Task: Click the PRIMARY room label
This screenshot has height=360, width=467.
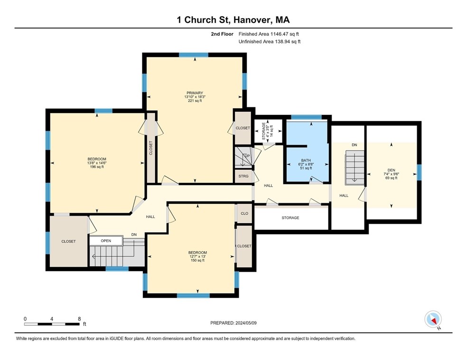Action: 195,93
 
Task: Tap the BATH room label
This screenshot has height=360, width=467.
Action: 306,161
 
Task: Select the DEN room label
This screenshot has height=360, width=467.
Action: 391,170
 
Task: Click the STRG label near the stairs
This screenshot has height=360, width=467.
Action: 243,176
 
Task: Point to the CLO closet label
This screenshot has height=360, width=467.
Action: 244,214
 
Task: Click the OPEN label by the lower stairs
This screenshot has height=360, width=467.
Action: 106,241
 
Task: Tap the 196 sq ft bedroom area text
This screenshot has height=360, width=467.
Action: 96,167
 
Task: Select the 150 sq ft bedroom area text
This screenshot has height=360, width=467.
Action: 197,260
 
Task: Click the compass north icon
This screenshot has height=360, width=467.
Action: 433,320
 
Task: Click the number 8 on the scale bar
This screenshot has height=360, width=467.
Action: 79,319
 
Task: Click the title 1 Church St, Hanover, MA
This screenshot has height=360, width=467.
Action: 233,20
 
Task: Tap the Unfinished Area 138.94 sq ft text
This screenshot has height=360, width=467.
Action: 270,42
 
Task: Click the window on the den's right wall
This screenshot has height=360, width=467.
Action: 419,172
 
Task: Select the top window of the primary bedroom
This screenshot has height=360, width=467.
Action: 194,55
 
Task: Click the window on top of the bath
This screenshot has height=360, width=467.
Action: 306,117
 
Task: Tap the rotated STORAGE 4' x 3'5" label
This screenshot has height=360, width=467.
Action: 267,132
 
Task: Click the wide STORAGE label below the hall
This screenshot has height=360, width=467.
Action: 290,218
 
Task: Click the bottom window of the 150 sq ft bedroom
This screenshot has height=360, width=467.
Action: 193,295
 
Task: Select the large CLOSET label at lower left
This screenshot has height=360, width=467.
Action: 68,241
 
